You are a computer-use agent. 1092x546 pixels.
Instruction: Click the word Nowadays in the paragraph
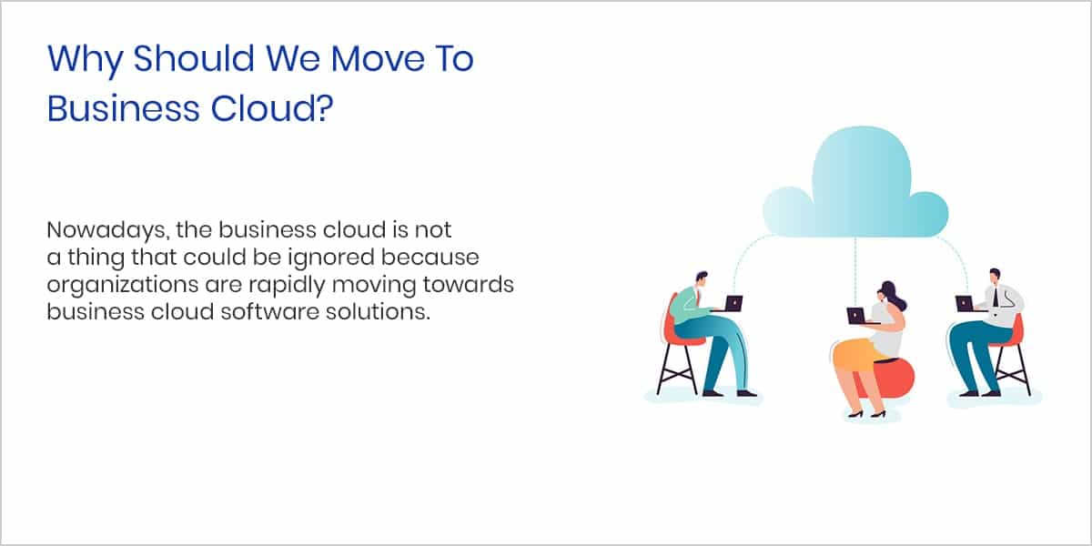[x=108, y=230]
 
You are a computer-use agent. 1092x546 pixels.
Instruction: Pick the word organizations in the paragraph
[x=122, y=285]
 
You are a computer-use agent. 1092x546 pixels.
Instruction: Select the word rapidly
[x=287, y=285]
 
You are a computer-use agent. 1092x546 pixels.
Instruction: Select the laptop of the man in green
[x=733, y=303]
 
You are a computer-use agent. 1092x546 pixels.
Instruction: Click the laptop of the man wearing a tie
[x=965, y=303]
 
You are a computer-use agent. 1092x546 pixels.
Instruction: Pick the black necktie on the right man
[x=996, y=297]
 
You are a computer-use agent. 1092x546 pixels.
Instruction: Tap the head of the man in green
[x=701, y=280]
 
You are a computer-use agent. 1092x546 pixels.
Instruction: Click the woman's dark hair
[x=893, y=295]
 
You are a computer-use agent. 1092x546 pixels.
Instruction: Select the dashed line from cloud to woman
[x=855, y=272]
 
